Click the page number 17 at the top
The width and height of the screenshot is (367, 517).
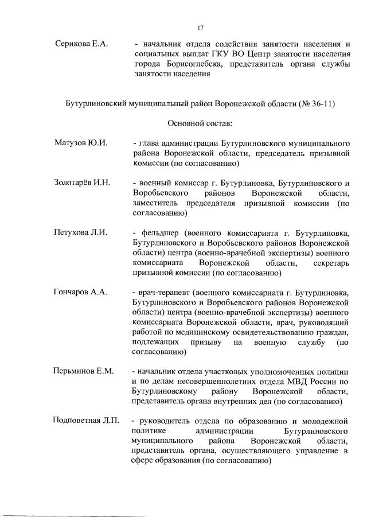[x=201, y=27]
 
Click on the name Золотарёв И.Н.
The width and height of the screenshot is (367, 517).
[x=82, y=183]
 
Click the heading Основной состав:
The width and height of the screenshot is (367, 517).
[x=200, y=123]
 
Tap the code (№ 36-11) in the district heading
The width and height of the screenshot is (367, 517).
[x=316, y=103]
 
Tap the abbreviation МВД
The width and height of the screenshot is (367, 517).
[x=302, y=381]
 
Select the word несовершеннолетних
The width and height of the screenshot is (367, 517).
[x=212, y=381]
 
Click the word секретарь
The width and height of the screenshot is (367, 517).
[x=332, y=263]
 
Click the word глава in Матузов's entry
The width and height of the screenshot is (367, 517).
[x=150, y=142]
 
